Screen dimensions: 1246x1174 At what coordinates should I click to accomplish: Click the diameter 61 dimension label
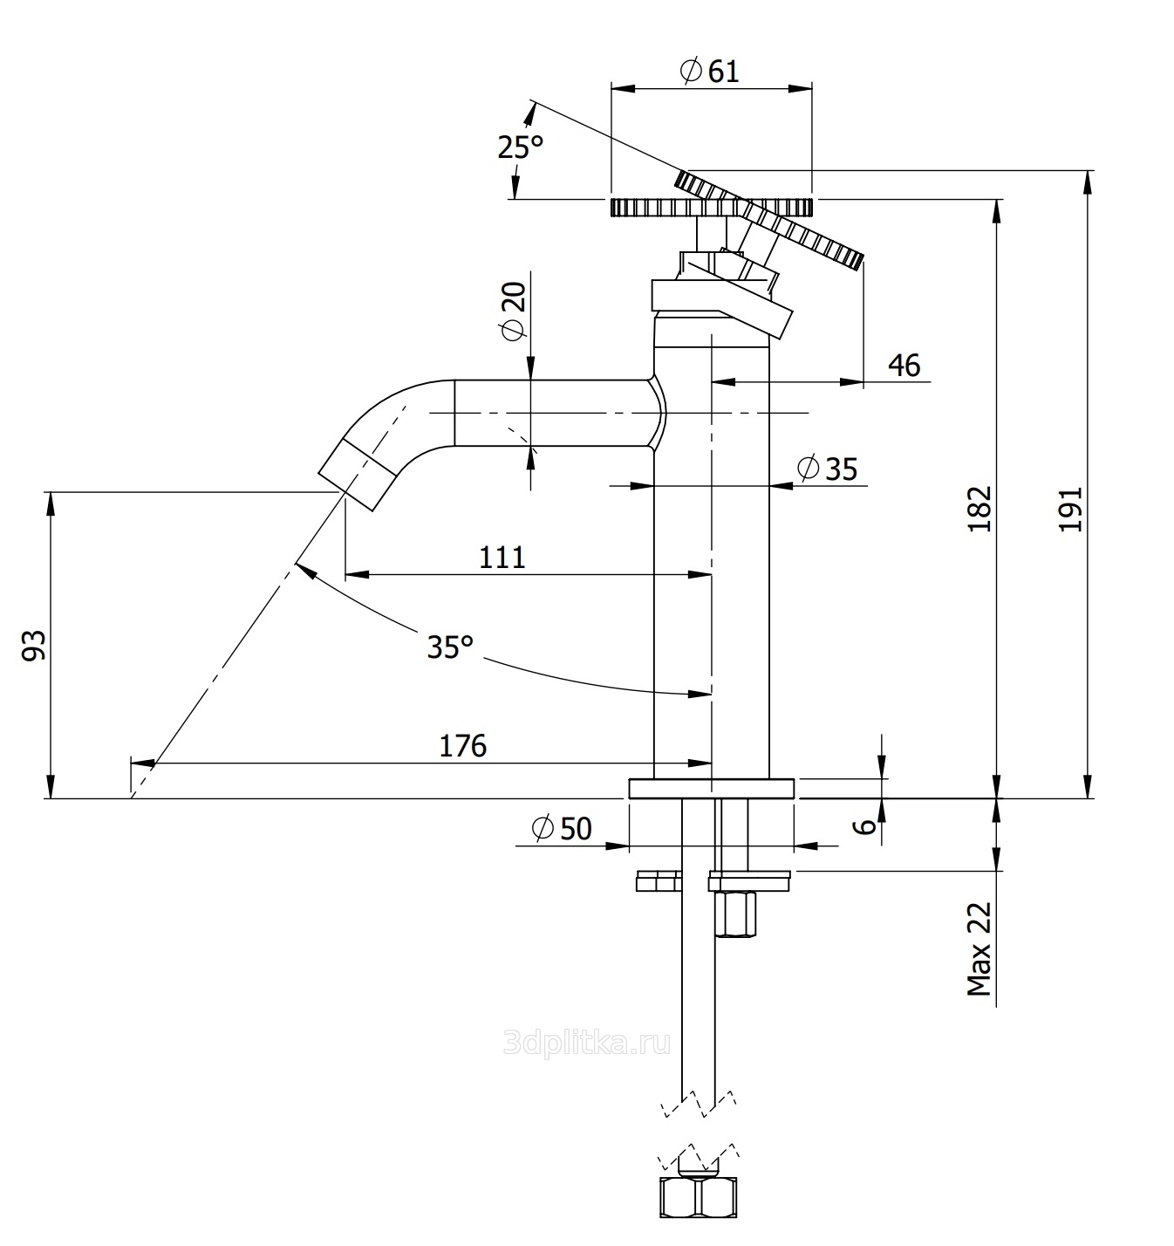pyautogui.click(x=709, y=71)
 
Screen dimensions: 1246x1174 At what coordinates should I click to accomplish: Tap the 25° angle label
pyautogui.click(x=520, y=147)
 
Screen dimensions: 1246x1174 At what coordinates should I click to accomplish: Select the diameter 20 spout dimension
pyautogui.click(x=513, y=311)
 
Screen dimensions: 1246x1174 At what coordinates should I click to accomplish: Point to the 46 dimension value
pyautogui.click(x=904, y=365)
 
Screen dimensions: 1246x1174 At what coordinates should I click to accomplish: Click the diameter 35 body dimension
pyautogui.click(x=827, y=469)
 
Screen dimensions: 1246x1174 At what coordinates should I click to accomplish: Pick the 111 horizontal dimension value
pyautogui.click(x=502, y=557)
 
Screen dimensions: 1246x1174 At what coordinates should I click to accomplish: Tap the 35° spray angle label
pyautogui.click(x=450, y=647)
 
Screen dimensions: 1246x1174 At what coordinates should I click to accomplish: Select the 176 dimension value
pyautogui.click(x=462, y=746)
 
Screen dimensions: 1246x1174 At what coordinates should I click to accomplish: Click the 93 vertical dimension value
pyautogui.click(x=33, y=645)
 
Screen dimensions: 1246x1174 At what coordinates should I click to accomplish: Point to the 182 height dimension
pyautogui.click(x=980, y=508)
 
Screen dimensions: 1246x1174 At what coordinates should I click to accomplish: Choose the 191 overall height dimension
pyautogui.click(x=1069, y=508)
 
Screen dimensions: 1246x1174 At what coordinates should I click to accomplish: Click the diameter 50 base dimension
pyautogui.click(x=561, y=828)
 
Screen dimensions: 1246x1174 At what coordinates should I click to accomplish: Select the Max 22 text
pyautogui.click(x=979, y=948)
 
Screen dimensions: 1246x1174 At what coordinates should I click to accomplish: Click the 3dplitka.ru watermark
pyautogui.click(x=587, y=1042)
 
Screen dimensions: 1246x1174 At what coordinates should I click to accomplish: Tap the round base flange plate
pyautogui.click(x=711, y=789)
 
